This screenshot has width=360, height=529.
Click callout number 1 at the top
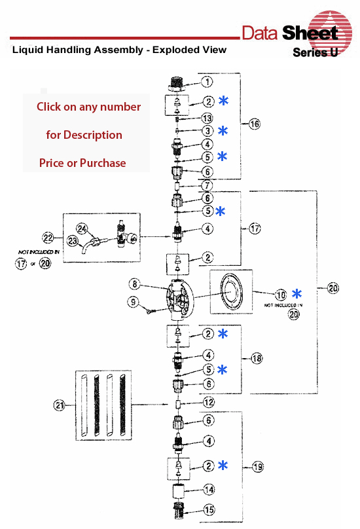coord(207,82)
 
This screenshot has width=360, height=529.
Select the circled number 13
coord(207,118)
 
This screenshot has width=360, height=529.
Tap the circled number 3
coord(207,131)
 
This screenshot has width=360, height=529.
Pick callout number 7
coord(207,187)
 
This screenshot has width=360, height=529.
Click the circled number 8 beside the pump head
coord(135,285)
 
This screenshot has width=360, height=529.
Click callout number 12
coord(207,402)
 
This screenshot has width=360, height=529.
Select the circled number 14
coord(207,489)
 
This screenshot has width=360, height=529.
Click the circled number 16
coord(255,124)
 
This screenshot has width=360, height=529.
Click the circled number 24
coord(82,228)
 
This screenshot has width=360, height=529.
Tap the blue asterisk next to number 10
coord(297,293)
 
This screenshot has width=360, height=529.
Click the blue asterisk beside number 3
coord(223,131)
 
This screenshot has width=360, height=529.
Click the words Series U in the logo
coord(315,52)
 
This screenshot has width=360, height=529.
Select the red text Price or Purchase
coord(82,163)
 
